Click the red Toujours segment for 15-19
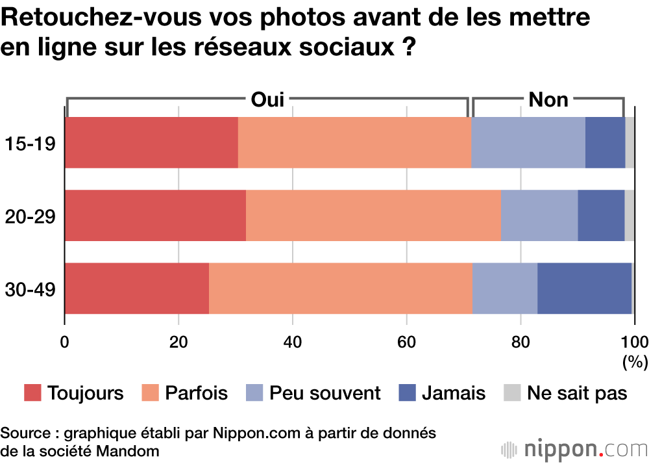click(x=151, y=142)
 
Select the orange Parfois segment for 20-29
click(x=373, y=215)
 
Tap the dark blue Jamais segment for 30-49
click(x=584, y=288)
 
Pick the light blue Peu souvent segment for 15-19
click(x=528, y=142)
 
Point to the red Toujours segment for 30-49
click(x=137, y=288)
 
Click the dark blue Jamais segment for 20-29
click(x=601, y=215)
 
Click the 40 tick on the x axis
click(x=293, y=342)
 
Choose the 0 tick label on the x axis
click(x=65, y=342)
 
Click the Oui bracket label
click(x=267, y=99)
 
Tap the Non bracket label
click(x=548, y=99)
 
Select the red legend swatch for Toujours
click(x=32, y=393)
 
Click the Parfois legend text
click(x=196, y=393)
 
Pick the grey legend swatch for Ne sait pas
click(x=513, y=393)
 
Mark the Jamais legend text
click(x=453, y=393)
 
